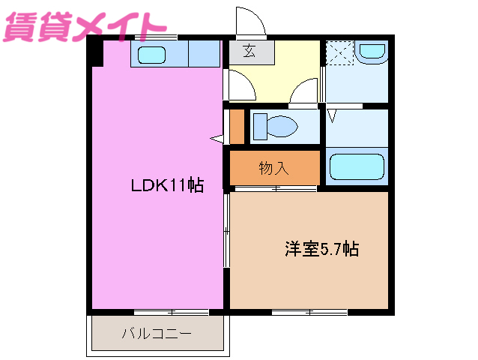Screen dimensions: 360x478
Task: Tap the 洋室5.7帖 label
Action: (x=321, y=248)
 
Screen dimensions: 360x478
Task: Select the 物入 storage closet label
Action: (x=273, y=168)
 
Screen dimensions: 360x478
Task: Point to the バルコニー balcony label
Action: (x=157, y=334)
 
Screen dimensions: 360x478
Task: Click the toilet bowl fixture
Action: (x=274, y=126)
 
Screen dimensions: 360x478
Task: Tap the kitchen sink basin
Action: (x=153, y=55)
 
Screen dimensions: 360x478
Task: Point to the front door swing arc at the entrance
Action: (x=251, y=21)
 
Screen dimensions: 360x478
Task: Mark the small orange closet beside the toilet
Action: (x=237, y=127)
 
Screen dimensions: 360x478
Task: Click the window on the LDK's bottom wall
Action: (x=171, y=311)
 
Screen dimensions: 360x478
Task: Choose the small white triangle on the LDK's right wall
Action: (x=218, y=139)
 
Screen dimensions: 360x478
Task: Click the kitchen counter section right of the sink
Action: (x=204, y=55)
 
